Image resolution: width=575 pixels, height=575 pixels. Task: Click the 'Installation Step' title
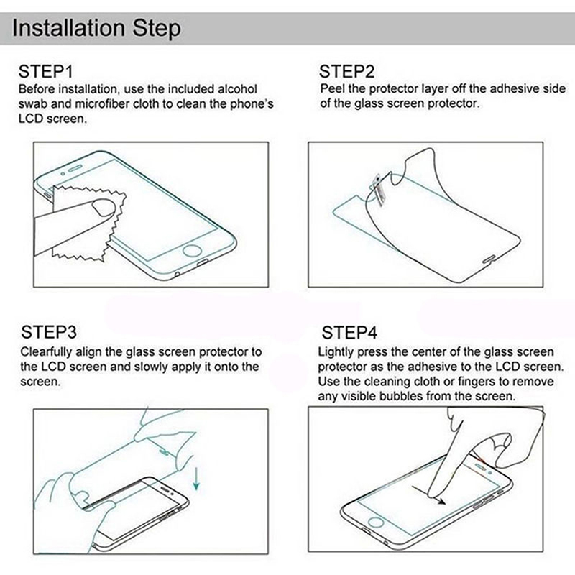[x=96, y=28]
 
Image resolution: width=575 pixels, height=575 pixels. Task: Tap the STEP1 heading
[x=45, y=71]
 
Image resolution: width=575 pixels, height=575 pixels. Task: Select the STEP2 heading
[x=346, y=71]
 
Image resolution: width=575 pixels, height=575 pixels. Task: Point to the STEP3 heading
[x=49, y=332]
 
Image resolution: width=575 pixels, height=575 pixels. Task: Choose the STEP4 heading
[x=349, y=333]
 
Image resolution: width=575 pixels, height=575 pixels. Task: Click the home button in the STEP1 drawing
[x=192, y=251]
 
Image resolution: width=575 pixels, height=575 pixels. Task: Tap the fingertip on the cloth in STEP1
[x=103, y=207]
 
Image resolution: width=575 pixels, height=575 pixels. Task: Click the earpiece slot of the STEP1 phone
[x=75, y=169]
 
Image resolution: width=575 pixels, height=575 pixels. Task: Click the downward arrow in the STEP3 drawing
[x=196, y=479]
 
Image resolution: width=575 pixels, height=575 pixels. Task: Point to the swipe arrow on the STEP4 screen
[x=428, y=495]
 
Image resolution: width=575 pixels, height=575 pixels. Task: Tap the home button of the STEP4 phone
[x=375, y=522]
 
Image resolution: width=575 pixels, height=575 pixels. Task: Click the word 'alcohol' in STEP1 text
[x=237, y=89]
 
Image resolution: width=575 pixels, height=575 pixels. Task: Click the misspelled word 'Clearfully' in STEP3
[x=46, y=352]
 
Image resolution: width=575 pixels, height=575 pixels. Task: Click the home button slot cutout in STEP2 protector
[x=489, y=260]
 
